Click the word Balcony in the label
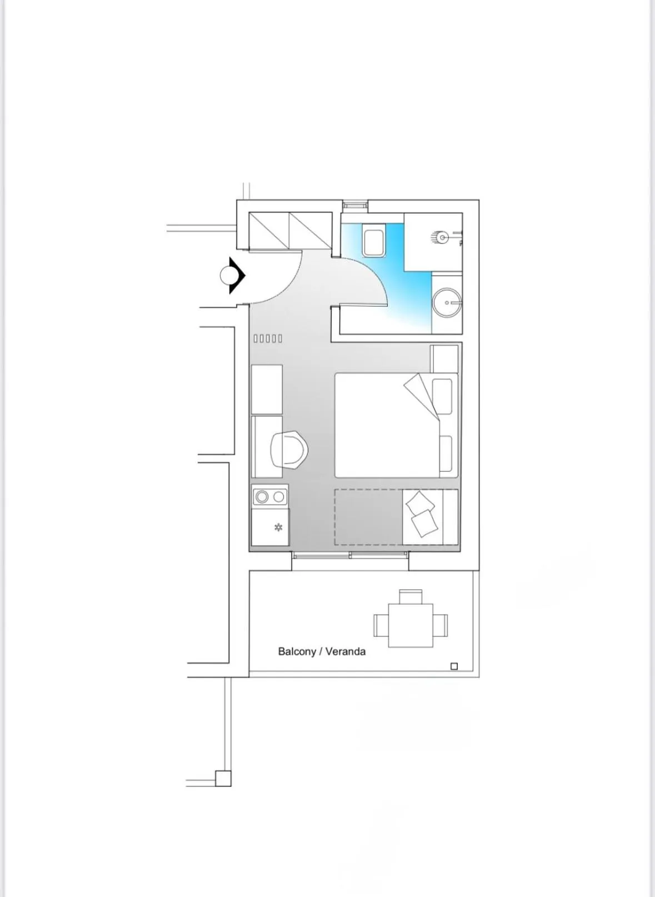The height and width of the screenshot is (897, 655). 297,651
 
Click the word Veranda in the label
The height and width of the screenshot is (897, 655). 345,651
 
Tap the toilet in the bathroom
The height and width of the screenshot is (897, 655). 374,240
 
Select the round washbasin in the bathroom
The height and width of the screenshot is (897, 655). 447,303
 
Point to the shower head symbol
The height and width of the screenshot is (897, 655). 442,238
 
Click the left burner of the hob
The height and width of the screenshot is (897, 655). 262,496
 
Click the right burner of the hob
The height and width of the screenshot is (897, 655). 278,496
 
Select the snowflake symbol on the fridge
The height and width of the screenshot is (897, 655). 278,527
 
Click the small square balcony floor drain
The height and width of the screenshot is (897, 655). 454,666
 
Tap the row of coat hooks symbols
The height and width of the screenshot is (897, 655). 268,338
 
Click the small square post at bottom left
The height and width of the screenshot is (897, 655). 223,778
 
